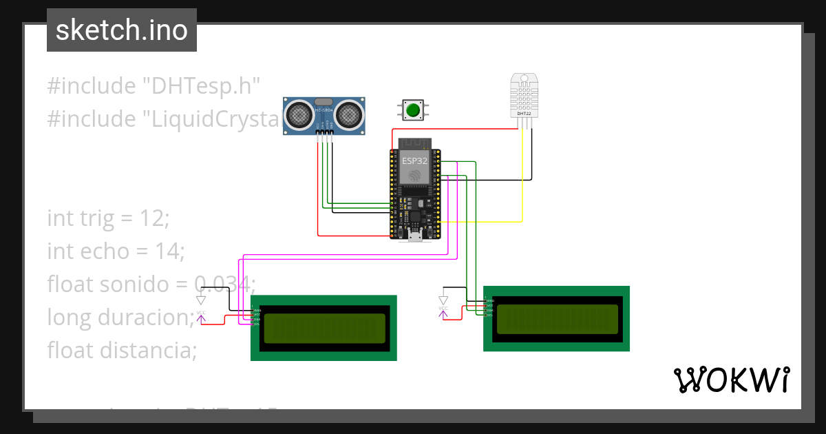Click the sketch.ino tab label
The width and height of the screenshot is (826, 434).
121,30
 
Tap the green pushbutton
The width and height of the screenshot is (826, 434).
413,110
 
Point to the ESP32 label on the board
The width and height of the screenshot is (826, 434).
414,160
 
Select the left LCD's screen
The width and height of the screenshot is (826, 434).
324,328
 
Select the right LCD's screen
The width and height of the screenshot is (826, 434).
557,319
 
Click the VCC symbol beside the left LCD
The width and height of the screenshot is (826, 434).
201,316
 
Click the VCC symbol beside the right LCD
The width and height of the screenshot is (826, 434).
443,311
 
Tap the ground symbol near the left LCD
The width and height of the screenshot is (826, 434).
200,300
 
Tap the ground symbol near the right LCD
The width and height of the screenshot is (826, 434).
443,300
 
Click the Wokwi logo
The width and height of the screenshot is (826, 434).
731,380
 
